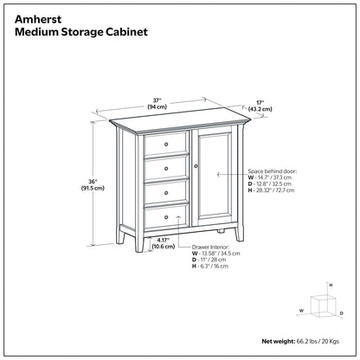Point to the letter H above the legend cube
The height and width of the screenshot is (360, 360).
331,285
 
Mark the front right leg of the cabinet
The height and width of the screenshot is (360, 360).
232,233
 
